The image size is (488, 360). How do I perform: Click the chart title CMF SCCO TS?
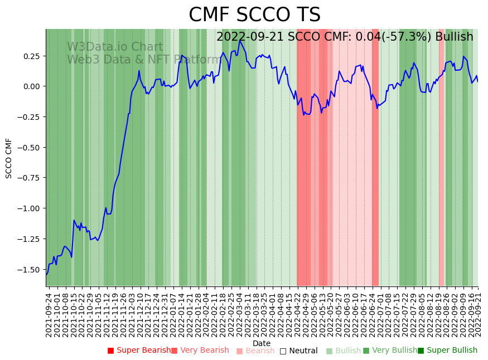(254, 15)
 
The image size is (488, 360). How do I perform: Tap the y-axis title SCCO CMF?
(9, 158)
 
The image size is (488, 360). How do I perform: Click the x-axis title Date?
(261, 343)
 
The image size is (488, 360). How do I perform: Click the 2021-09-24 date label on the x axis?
(49, 314)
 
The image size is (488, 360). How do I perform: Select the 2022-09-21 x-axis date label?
(479, 314)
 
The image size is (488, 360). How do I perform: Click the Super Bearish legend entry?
(139, 351)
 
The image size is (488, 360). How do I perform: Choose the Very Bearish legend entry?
(200, 351)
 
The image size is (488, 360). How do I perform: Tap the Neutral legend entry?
(298, 351)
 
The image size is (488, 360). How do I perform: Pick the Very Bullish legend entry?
(390, 351)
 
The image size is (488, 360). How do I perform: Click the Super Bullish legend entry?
(447, 351)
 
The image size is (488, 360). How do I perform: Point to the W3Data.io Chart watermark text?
(115, 47)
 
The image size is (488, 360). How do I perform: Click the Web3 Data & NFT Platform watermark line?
(144, 60)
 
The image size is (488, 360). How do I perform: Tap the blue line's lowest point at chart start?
(47, 274)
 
